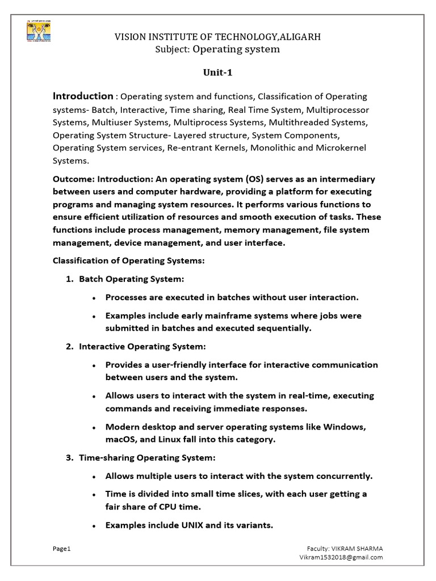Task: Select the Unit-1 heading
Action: (x=218, y=73)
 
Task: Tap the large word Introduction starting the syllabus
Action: (x=83, y=96)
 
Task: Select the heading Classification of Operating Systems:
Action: (x=128, y=260)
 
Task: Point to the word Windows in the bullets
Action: (x=346, y=426)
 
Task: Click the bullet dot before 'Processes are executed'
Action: (x=93, y=298)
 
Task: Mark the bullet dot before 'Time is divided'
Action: (x=93, y=495)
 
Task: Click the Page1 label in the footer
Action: (x=61, y=549)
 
